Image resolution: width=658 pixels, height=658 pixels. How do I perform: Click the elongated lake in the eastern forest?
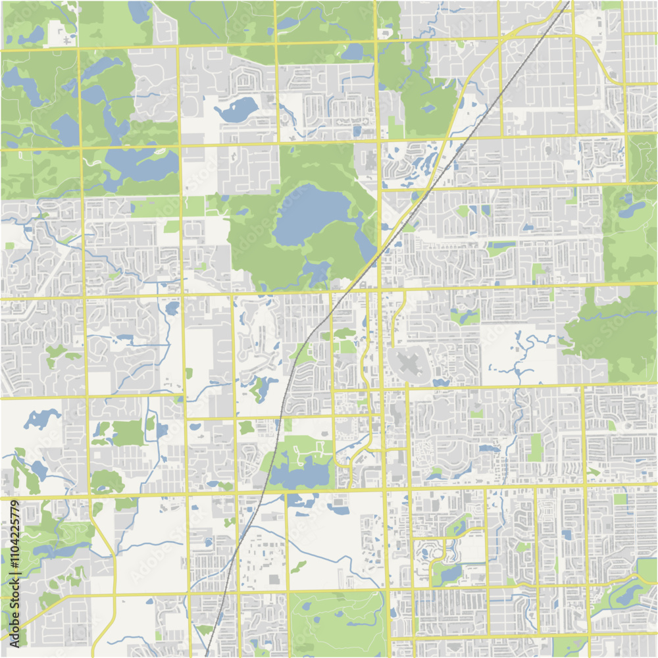(632, 211)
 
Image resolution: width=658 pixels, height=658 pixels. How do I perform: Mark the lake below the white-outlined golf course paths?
(299, 475)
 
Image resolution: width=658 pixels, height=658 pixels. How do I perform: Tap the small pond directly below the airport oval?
(440, 382)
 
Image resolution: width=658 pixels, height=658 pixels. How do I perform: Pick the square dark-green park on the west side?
(127, 433)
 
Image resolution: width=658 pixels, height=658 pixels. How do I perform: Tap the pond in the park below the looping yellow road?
(449, 574)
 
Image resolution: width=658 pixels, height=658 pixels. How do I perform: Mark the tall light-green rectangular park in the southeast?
(536, 447)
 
